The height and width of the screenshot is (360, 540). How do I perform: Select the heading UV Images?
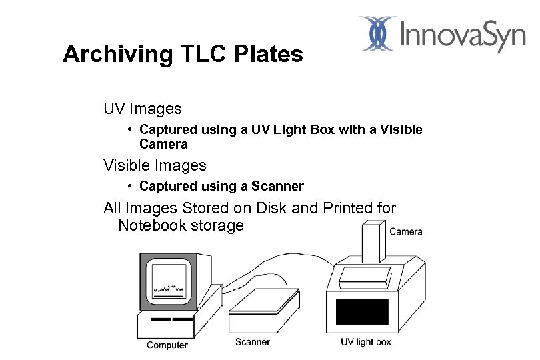[x=142, y=108]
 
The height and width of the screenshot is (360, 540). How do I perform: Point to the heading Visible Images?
[x=155, y=165]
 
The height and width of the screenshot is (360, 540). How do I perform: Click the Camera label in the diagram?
[x=405, y=231]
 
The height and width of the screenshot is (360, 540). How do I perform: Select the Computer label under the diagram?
[x=167, y=345]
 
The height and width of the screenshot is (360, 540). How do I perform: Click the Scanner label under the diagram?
[x=253, y=342]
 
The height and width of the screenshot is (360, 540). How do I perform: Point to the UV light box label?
[x=366, y=342]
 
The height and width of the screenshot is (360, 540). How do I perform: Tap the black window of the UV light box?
[x=362, y=311]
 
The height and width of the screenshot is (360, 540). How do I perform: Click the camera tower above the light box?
[x=373, y=244]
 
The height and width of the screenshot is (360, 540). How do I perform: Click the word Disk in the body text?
[x=271, y=208]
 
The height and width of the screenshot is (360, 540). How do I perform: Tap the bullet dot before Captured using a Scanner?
[x=133, y=186]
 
